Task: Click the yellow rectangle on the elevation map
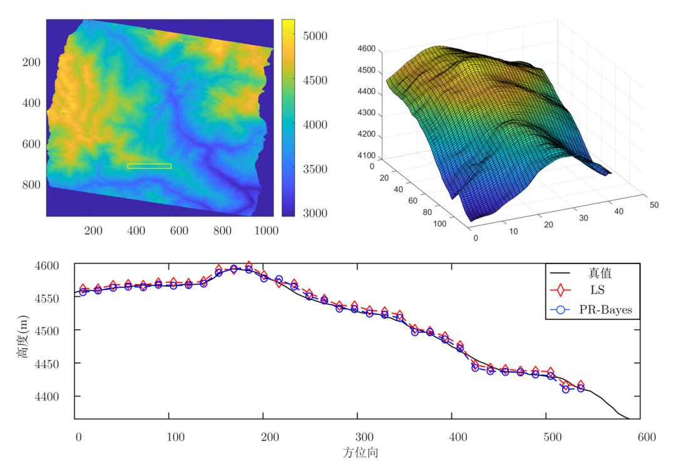(149, 166)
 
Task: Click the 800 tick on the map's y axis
(31, 185)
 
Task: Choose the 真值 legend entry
(595, 273)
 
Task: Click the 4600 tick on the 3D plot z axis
(366, 49)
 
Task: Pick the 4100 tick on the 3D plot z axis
(366, 156)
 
